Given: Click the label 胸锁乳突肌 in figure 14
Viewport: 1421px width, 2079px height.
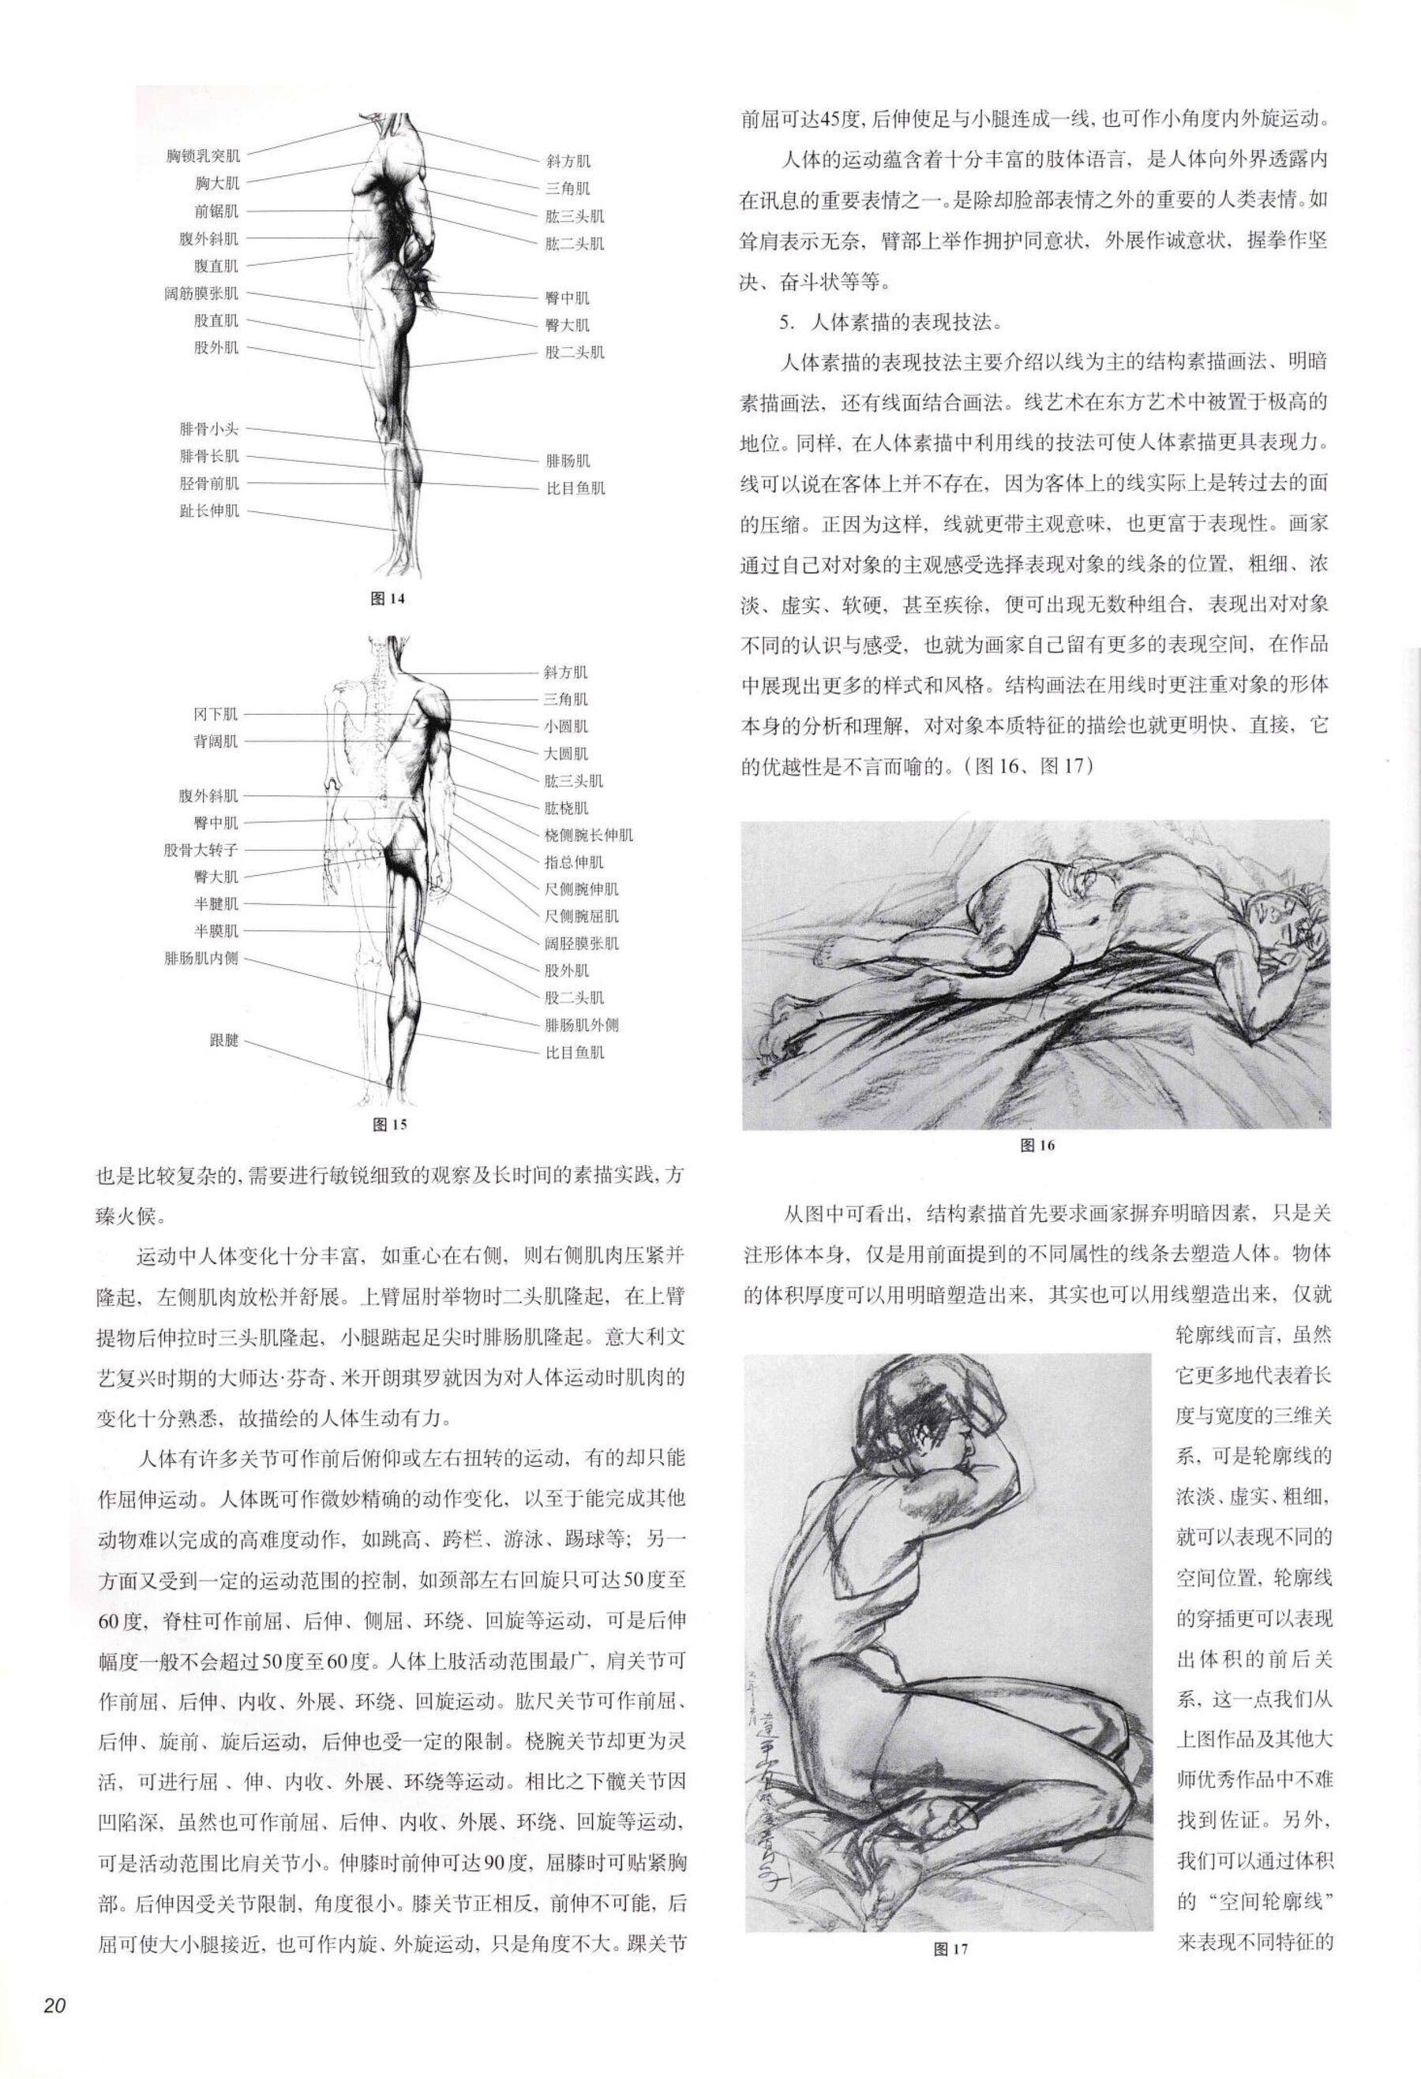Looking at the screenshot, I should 202,156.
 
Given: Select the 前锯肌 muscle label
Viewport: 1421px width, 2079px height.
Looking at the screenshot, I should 216,211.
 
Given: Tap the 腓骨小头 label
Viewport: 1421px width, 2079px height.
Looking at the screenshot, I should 208,429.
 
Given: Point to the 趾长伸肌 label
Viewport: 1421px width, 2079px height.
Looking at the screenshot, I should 208,512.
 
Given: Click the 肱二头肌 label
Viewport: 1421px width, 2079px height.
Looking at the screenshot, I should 575,243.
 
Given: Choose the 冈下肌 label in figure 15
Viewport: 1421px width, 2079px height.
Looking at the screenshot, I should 216,714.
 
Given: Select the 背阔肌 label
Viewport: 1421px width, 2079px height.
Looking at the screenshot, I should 216,742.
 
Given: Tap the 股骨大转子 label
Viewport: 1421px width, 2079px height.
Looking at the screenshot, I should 201,850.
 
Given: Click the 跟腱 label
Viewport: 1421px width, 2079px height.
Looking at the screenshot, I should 223,1042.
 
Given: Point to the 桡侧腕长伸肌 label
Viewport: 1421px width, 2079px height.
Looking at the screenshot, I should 589,835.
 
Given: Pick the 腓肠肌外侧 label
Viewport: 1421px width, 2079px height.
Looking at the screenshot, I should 582,1025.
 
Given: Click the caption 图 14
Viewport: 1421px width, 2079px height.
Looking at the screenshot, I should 388,599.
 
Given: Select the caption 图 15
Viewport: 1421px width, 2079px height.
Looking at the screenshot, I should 388,1124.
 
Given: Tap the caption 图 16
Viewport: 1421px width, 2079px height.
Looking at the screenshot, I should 1037,1146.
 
